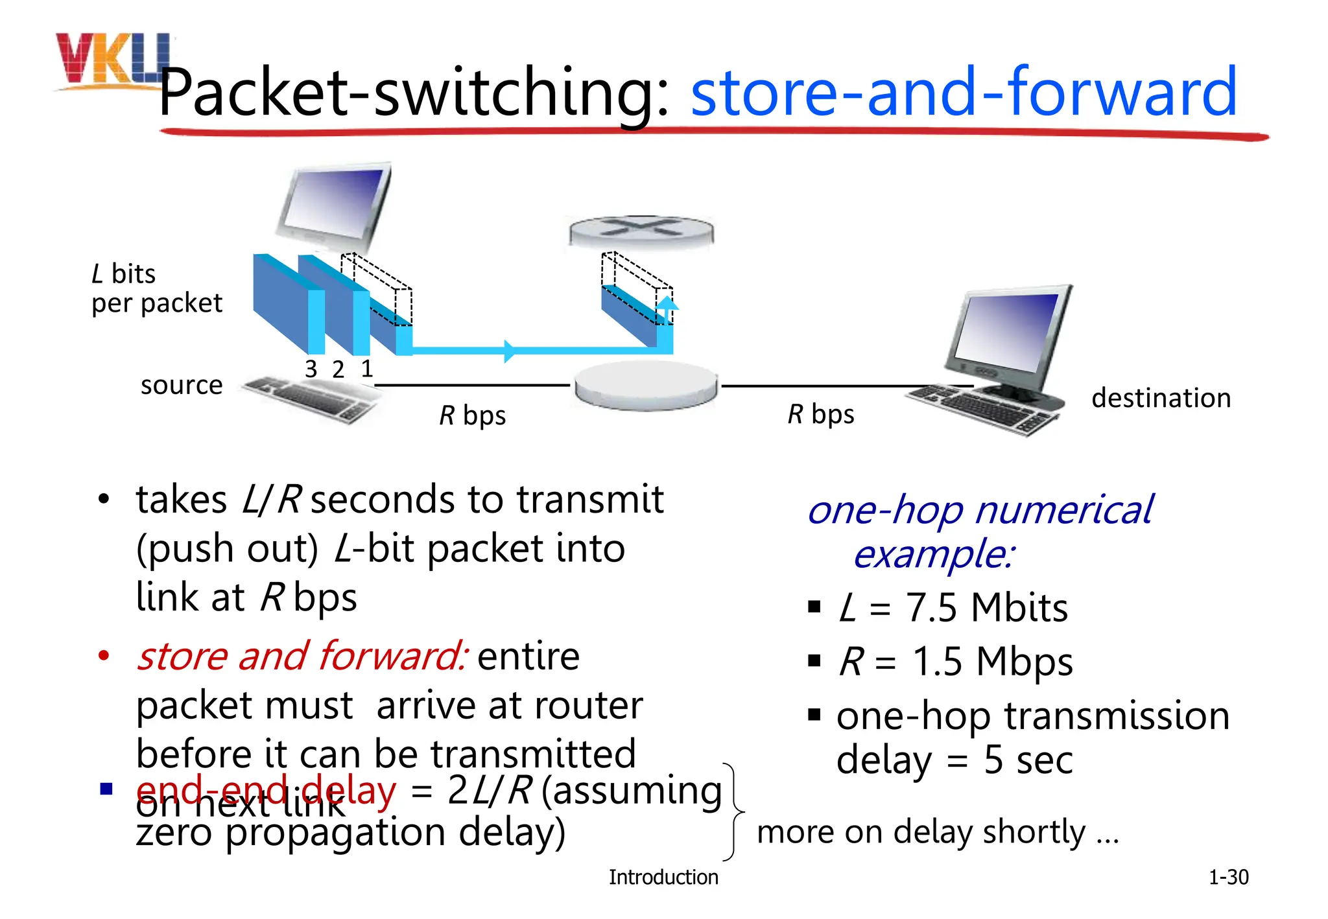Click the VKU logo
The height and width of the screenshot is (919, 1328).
[110, 60]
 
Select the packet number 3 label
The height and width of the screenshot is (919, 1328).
[311, 369]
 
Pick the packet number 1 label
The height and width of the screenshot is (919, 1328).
[367, 369]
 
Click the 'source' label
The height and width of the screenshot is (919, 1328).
[182, 386]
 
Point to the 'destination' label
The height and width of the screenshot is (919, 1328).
[1161, 398]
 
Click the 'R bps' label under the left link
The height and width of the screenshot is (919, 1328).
[472, 415]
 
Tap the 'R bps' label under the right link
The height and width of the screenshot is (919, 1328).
[820, 414]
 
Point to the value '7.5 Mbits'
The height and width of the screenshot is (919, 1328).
[986, 608]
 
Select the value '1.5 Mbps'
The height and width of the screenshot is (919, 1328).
[992, 662]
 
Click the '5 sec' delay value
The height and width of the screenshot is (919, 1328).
[1028, 760]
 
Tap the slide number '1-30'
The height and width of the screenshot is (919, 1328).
[1228, 878]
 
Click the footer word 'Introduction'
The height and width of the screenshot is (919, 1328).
[663, 878]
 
